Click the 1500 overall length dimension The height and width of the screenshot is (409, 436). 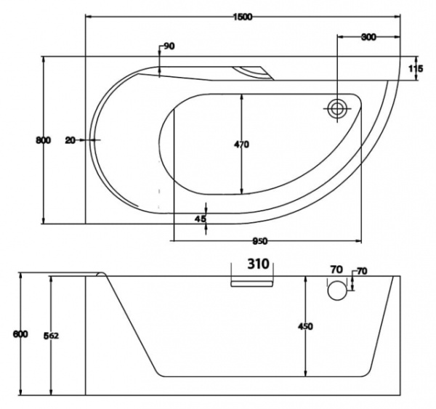(243, 17)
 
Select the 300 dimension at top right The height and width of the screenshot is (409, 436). (368, 38)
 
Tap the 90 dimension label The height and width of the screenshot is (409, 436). (169, 46)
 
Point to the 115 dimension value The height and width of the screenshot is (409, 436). (416, 70)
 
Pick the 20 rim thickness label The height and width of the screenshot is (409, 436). (70, 140)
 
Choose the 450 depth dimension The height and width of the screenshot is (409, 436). (305, 327)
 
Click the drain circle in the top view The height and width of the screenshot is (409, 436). (337, 109)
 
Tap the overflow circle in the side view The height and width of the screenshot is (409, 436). (336, 290)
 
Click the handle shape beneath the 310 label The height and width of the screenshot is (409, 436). (252, 281)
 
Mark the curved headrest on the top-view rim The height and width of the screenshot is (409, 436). (251, 72)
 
